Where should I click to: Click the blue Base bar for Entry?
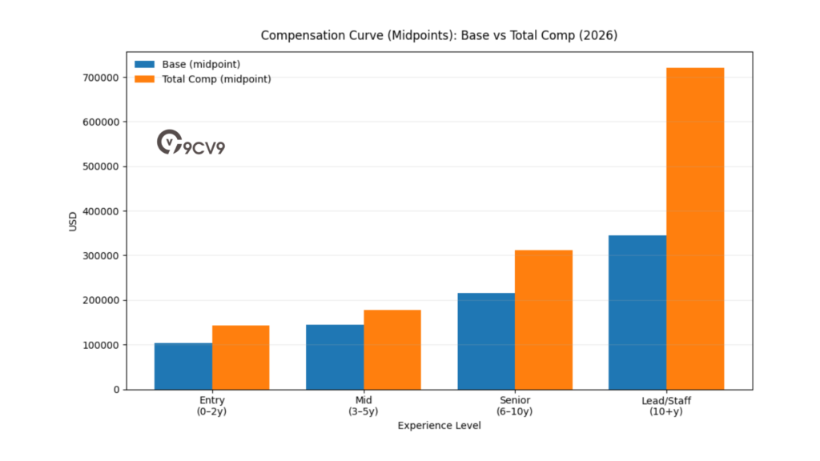(x=183, y=367)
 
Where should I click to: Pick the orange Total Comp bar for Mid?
(x=392, y=350)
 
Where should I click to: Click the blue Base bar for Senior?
(x=486, y=341)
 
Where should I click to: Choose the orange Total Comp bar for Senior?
(x=543, y=320)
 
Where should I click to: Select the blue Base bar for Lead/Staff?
(x=637, y=312)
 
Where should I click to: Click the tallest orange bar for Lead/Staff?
(x=694, y=229)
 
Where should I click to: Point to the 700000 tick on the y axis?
(x=100, y=78)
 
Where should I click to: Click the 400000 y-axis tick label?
(x=100, y=211)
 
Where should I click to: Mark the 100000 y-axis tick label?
(x=100, y=345)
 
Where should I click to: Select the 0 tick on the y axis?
(x=116, y=390)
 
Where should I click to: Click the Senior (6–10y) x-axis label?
(x=515, y=406)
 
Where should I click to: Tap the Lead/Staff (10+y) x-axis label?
(x=666, y=406)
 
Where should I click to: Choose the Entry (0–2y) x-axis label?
(x=212, y=406)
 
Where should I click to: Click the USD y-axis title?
(x=73, y=221)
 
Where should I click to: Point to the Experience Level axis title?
(x=440, y=426)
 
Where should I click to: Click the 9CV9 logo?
(x=191, y=143)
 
